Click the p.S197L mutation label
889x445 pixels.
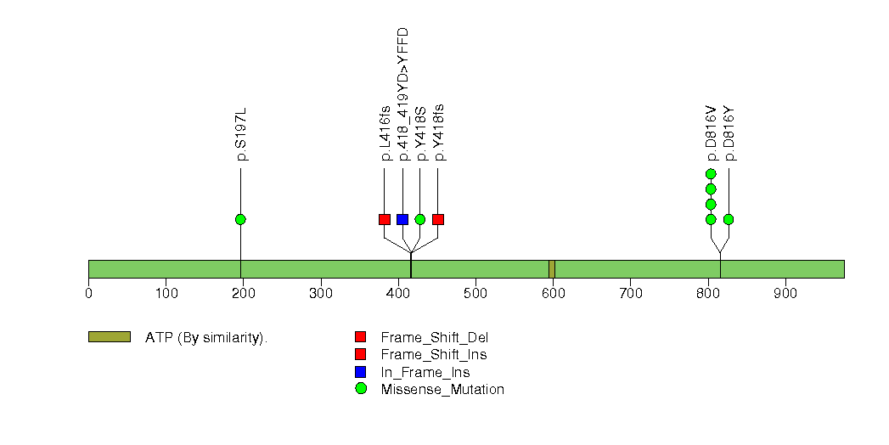(241, 134)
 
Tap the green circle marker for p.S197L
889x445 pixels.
(240, 219)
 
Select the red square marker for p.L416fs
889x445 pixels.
(385, 219)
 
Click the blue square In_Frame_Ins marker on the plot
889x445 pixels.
(402, 219)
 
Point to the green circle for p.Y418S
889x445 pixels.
(420, 219)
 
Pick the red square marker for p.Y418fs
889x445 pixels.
(437, 219)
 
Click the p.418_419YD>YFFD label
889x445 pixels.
(402, 94)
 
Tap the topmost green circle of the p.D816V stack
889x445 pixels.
(711, 173)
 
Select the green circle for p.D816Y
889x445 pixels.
(729, 219)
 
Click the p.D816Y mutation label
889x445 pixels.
(729, 134)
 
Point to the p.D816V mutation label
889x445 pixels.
(712, 134)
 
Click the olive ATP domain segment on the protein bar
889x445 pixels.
(552, 269)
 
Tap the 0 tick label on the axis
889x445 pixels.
(88, 293)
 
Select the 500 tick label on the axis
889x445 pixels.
(475, 293)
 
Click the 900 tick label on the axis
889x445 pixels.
(785, 293)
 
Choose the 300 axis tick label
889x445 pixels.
(321, 293)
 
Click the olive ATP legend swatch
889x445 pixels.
(110, 337)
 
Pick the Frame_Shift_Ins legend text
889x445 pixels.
(434, 355)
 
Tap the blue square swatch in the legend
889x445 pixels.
(361, 372)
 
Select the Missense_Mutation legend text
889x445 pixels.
(442, 390)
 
